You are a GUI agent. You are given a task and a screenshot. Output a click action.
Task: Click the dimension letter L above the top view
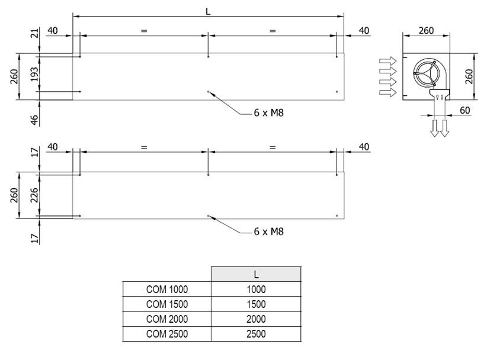(208, 12)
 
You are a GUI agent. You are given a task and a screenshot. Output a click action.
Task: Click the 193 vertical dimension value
(34, 74)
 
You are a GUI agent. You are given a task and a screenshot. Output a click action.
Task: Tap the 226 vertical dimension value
(34, 195)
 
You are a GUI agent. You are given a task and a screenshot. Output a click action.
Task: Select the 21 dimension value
(35, 33)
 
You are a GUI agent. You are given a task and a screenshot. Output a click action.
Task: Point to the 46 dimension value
(35, 120)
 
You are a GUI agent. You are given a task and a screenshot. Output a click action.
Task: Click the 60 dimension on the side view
(464, 110)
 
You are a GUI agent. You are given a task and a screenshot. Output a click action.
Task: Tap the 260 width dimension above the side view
(426, 30)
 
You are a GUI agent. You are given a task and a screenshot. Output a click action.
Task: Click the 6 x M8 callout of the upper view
(268, 112)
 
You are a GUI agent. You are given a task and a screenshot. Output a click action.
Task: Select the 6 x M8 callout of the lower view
(268, 232)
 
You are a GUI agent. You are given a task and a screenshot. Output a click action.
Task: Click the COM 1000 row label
(167, 289)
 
